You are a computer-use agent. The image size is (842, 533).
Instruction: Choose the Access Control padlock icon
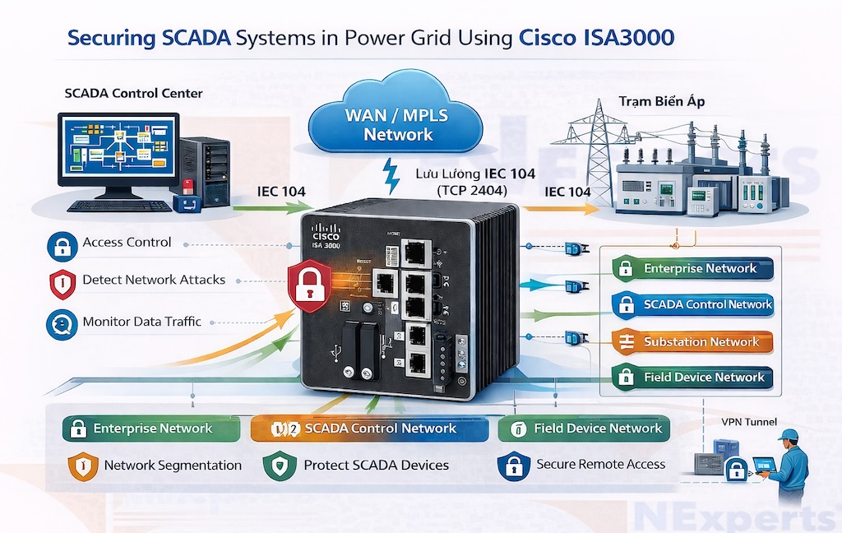[x=62, y=243]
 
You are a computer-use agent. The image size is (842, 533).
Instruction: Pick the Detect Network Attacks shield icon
[x=62, y=281]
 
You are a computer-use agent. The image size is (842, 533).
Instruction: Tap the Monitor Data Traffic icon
[x=62, y=322]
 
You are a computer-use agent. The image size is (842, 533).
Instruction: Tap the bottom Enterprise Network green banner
[x=151, y=429]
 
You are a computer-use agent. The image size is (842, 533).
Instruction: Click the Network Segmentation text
[x=173, y=466]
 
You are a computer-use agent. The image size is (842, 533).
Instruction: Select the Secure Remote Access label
[x=600, y=464]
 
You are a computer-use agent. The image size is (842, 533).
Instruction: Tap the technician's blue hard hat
[x=789, y=434]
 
